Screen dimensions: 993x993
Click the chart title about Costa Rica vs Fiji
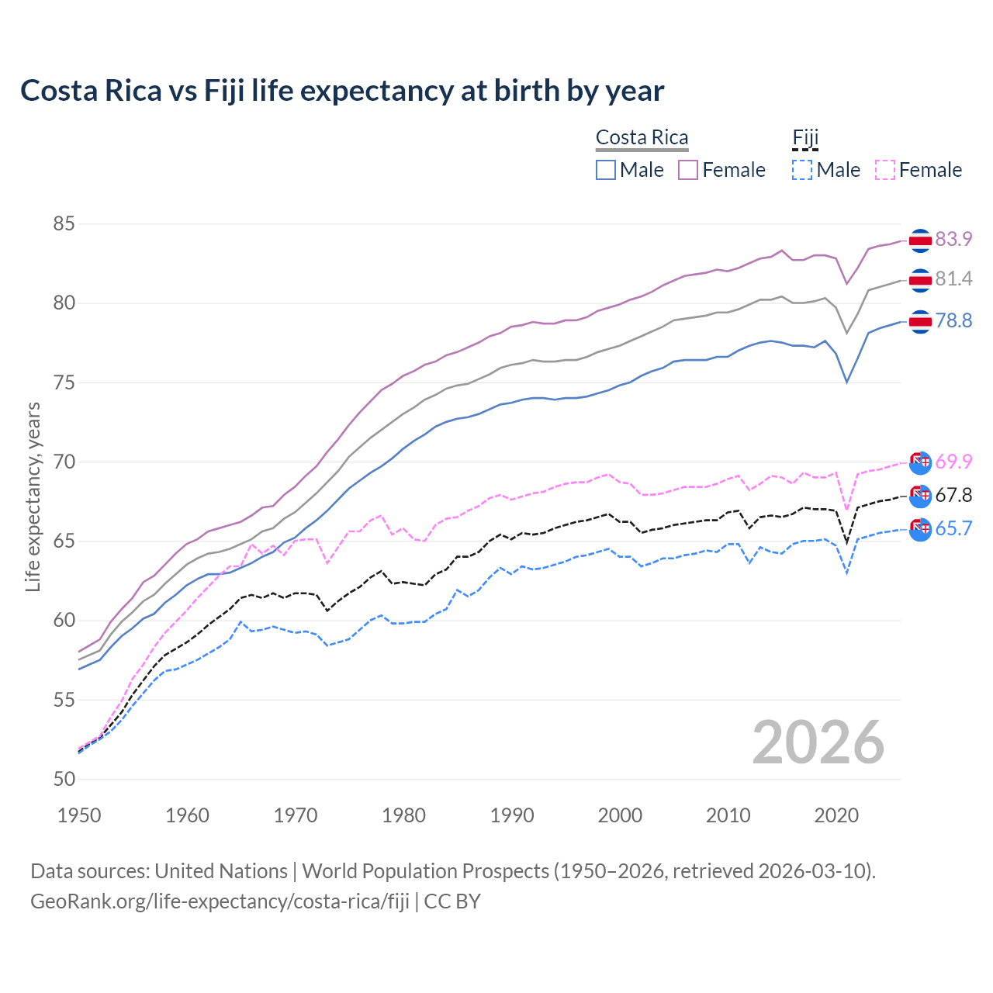[342, 91]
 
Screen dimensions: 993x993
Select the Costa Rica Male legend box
[606, 170]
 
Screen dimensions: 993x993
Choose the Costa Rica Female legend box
[688, 170]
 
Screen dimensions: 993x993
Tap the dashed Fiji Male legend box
[802, 170]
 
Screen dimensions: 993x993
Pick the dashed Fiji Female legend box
[885, 170]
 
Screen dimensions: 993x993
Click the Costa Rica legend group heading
[642, 137]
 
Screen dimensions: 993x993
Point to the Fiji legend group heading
[805, 137]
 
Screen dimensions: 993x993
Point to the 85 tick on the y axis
[64, 224]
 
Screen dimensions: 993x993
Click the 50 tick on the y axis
[64, 779]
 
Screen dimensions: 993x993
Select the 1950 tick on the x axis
[79, 815]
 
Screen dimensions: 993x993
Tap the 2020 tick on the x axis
[836, 815]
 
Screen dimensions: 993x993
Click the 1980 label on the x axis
[403, 815]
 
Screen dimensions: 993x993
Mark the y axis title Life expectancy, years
[33, 496]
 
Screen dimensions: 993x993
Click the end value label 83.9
[953, 239]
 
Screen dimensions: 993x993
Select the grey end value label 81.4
[953, 279]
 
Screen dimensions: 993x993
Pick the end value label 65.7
[953, 528]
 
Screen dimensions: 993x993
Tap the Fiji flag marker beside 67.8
[920, 495]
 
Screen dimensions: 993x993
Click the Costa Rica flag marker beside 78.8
[920, 321]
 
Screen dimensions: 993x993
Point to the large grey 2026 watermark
[818, 742]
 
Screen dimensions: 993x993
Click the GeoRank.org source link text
[220, 901]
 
